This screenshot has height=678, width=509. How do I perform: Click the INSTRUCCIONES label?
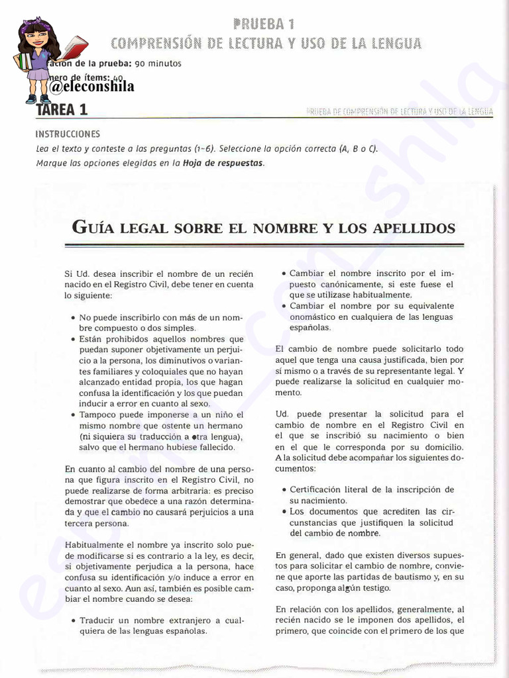point(68,134)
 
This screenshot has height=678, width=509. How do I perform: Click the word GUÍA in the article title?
point(97,228)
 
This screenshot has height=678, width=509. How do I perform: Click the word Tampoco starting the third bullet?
point(100,414)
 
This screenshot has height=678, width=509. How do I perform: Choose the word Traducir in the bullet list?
point(99,620)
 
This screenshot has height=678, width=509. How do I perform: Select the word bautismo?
point(394,577)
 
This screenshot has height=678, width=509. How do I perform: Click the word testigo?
point(376,588)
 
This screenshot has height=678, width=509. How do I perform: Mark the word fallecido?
point(213,447)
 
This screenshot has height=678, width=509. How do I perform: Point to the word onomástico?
point(317,316)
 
